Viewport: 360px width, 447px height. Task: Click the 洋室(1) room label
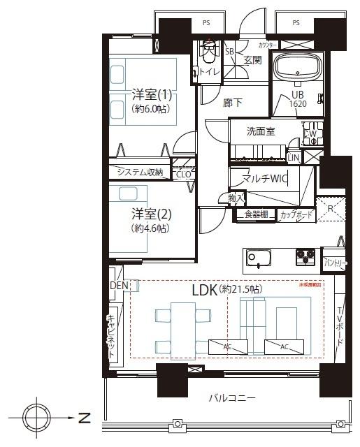[x=152, y=94]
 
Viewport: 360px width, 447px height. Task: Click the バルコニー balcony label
[x=231, y=398]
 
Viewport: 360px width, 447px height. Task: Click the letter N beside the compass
[x=85, y=419]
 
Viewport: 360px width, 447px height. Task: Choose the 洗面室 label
[x=260, y=132]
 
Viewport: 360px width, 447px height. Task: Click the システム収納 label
[x=139, y=173]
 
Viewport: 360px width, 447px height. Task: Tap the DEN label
[x=117, y=286]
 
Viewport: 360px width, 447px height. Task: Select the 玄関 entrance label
[x=252, y=60]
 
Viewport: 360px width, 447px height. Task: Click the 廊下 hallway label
[x=232, y=103]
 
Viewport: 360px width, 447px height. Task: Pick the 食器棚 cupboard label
[x=256, y=215]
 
